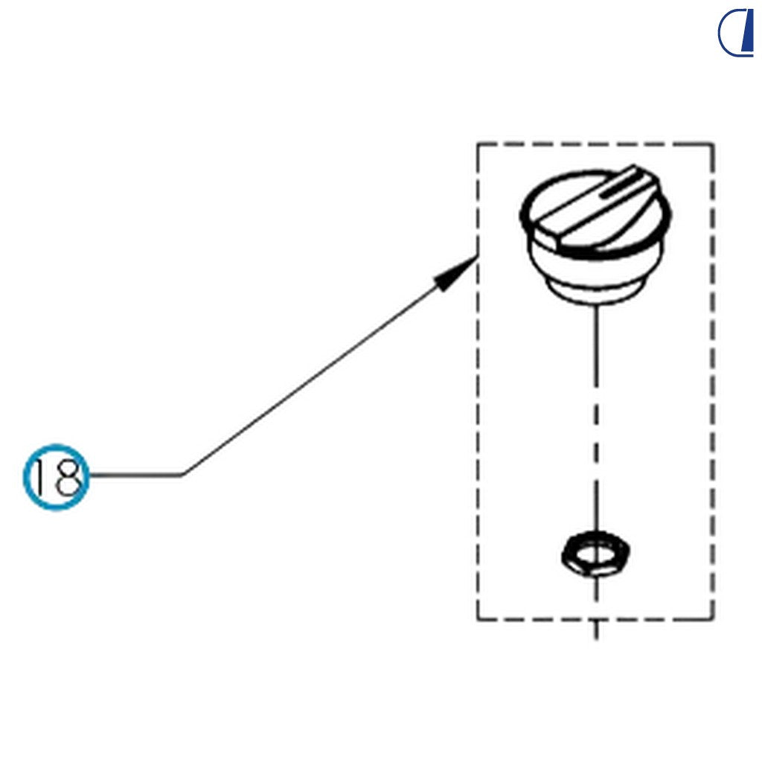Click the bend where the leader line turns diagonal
pyautogui.click(x=182, y=475)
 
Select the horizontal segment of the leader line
pyautogui.click(x=135, y=475)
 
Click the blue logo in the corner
pyautogui.click(x=736, y=33)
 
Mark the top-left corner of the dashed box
pyautogui.click(x=478, y=144)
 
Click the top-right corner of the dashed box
pyautogui.click(x=713, y=144)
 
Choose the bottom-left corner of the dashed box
pyautogui.click(x=478, y=620)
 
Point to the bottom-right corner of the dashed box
pyautogui.click(x=713, y=620)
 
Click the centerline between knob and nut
pyautogui.click(x=596, y=418)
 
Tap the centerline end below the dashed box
pyautogui.click(x=596, y=638)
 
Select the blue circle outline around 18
pyautogui.click(x=57, y=445)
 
